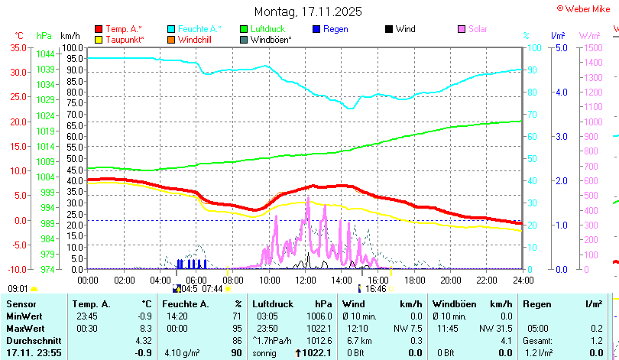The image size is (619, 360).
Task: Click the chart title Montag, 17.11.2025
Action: click(308, 12)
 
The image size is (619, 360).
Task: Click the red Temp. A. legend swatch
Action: click(99, 29)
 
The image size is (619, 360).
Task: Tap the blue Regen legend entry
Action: click(335, 29)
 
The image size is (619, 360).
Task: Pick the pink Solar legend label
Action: click(478, 29)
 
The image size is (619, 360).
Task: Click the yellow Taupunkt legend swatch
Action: click(99, 39)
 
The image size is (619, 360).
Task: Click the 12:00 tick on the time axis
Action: click(303, 281)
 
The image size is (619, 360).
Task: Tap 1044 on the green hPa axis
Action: click(45, 54)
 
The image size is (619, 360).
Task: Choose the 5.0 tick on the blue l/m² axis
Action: click(560, 47)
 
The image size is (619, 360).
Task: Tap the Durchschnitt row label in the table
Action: click(34, 339)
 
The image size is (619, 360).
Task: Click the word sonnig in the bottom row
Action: click(265, 352)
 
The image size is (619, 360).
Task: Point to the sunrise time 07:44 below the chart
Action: click(212, 289)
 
